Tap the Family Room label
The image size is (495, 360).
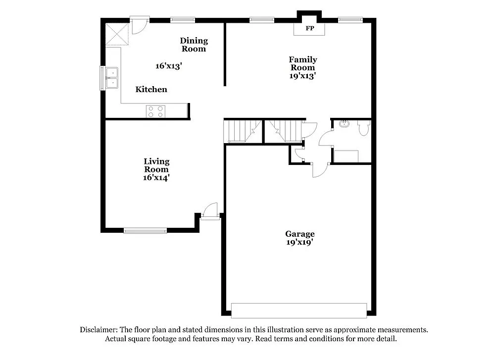click(x=303, y=63)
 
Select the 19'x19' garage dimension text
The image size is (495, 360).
click(x=300, y=242)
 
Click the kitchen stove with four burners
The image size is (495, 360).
click(x=155, y=111)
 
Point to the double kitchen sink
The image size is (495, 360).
click(x=112, y=78)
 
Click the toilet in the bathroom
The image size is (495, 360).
click(x=364, y=129)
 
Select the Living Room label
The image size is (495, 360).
click(x=156, y=165)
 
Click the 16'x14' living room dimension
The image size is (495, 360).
click(x=156, y=177)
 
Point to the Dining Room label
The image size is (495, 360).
click(x=194, y=45)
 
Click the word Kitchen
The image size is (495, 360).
click(x=151, y=90)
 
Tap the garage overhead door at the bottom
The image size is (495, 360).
click(x=299, y=310)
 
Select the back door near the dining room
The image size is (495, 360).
click(x=138, y=25)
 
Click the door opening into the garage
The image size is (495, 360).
click(x=319, y=170)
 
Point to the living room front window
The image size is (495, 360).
click(x=145, y=230)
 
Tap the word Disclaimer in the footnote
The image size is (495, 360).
click(x=98, y=330)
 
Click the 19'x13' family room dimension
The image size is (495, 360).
click(x=303, y=76)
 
